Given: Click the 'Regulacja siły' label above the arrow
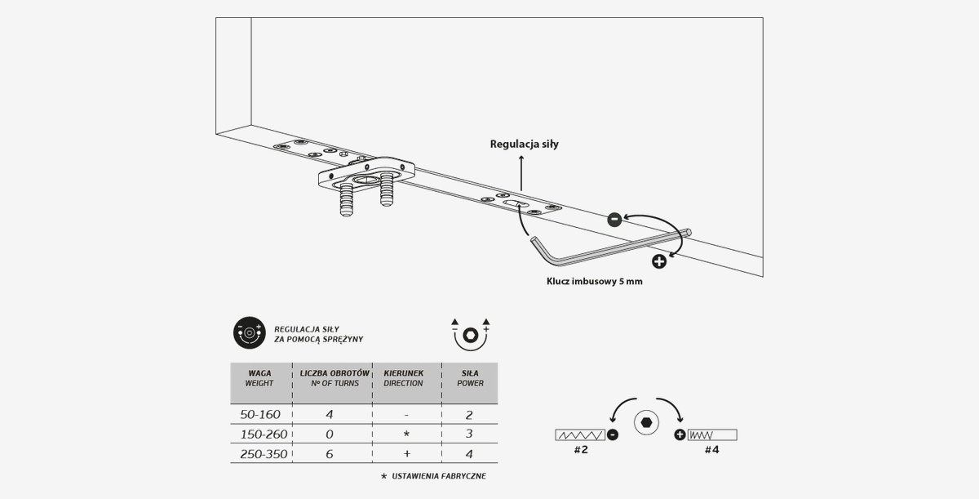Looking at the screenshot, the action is pos(524,145).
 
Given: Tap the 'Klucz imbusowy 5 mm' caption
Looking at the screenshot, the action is pos(595,281).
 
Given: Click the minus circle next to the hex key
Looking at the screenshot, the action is pos(614,219).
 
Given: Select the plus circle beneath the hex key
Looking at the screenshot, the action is pos(659,261).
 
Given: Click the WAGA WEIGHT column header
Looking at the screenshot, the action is pos(259,378).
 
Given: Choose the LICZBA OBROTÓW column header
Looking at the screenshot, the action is pos(334,378).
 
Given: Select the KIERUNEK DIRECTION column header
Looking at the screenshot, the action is pos(403,378).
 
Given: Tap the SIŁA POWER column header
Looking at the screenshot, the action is pos(470,378).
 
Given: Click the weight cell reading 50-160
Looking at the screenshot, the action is pos(260,414).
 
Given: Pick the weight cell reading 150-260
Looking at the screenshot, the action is pos(264,434).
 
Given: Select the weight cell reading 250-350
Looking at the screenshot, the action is pos(264,454).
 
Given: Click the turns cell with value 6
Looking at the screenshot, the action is pos(330,454).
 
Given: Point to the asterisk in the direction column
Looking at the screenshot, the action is pos(406,434).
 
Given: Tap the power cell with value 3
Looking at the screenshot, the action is pos(469,434).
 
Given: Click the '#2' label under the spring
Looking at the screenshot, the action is pos(581,449).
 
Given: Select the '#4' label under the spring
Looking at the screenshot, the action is pos(712,449).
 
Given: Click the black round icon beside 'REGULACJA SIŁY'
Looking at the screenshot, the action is pos(249,333).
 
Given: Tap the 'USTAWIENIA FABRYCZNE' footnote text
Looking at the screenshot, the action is pos(439,476).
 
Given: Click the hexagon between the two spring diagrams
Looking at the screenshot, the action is pos(646,422).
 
